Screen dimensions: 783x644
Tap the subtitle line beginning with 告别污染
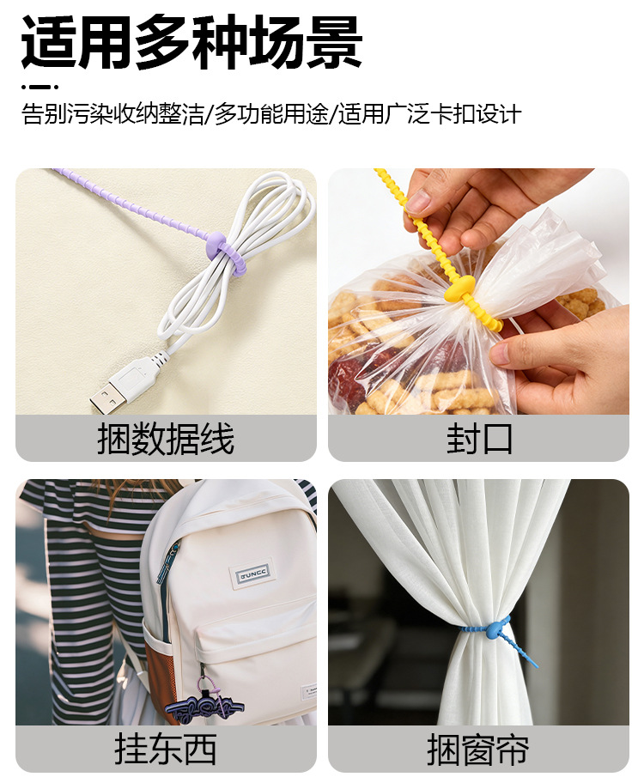tap(271, 114)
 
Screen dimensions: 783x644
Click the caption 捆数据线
tap(166, 440)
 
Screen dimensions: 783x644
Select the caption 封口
tap(478, 440)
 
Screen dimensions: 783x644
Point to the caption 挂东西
tap(166, 749)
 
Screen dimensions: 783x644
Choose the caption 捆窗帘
tap(478, 749)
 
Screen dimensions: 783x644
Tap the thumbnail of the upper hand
tap(418, 202)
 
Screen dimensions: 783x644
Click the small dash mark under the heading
tap(38, 87)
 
